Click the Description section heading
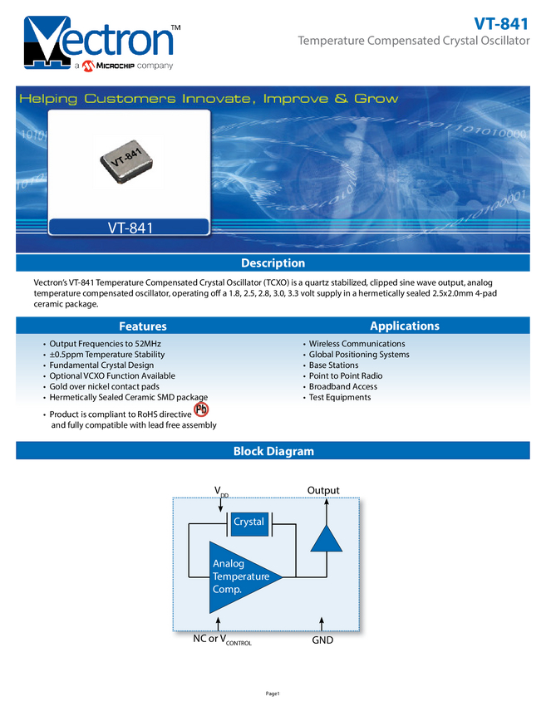[273, 263]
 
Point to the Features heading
[142, 326]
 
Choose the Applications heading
[405, 326]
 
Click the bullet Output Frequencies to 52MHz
[105, 344]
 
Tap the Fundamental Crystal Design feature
[101, 365]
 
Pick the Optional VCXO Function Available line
[112, 376]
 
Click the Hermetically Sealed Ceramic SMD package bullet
[128, 398]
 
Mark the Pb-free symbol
[200, 410]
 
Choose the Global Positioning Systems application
[359, 355]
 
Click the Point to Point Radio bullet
[346, 376]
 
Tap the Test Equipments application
[340, 398]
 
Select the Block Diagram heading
[273, 452]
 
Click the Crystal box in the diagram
[248, 522]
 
